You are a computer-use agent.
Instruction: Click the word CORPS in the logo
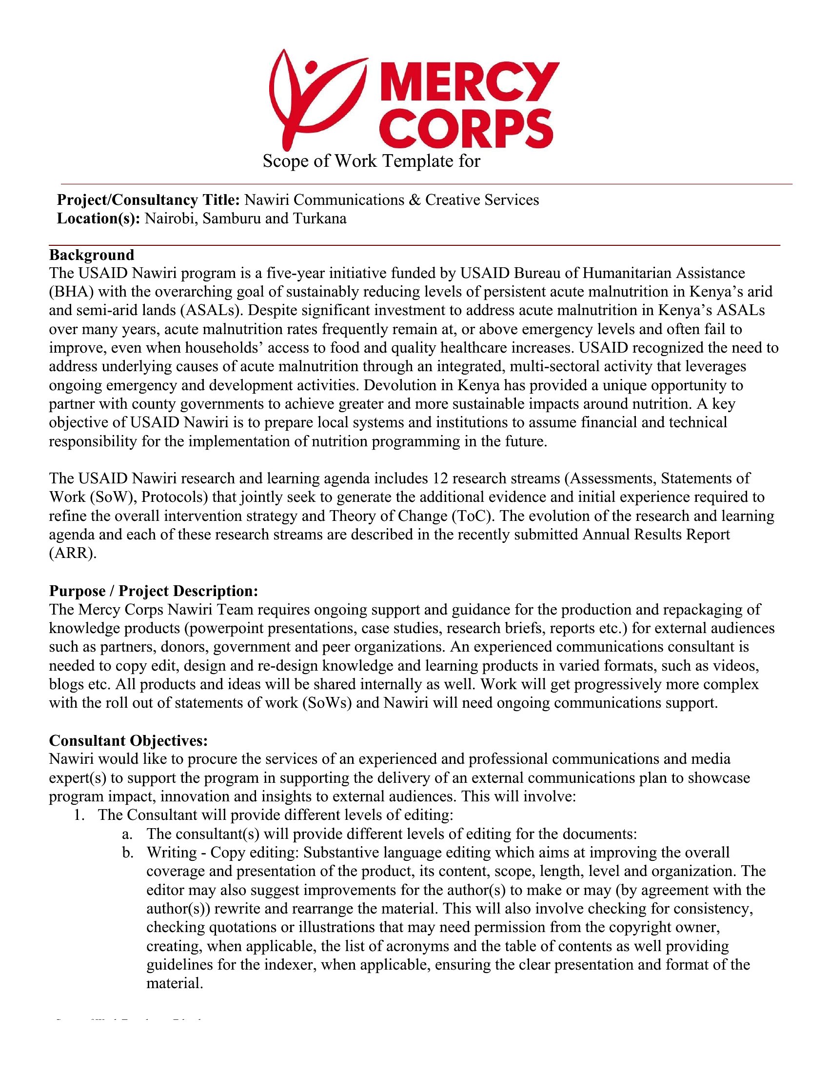pos(467,129)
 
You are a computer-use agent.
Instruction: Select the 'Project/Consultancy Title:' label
pos(148,200)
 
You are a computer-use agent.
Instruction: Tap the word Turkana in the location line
pos(320,219)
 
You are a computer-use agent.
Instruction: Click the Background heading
pos(91,255)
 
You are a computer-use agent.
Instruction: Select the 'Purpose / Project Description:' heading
pos(154,591)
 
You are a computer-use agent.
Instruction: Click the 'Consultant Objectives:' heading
pos(129,740)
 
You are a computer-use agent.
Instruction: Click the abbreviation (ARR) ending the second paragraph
pos(73,553)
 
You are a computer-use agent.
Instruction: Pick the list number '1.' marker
pos(80,815)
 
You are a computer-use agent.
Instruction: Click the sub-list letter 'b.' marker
pos(128,853)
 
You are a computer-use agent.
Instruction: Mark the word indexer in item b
pos(290,964)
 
